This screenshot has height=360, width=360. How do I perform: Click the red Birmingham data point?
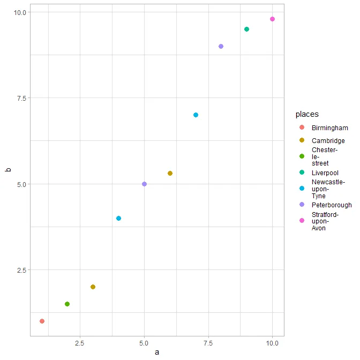[x=42, y=321]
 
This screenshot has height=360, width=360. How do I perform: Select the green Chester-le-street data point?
[x=67, y=304]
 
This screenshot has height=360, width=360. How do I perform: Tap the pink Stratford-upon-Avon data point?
[x=272, y=19]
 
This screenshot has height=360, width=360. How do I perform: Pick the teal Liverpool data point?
[x=246, y=29]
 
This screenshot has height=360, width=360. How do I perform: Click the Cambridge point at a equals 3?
[x=93, y=287]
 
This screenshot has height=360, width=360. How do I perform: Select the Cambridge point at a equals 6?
[x=170, y=173]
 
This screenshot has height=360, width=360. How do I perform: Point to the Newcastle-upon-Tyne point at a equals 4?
[x=118, y=218]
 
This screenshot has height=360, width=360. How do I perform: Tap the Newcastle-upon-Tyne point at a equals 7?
[x=196, y=115]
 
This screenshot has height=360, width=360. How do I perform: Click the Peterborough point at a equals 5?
[x=144, y=184]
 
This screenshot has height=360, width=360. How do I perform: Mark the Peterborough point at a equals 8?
[x=221, y=46]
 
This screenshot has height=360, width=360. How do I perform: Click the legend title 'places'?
[x=306, y=114]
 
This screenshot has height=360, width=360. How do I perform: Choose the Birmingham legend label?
[x=329, y=128]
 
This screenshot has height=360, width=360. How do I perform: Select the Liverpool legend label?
[x=325, y=173]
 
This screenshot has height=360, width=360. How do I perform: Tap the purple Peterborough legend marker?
[x=302, y=205]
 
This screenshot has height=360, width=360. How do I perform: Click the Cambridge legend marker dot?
[x=302, y=140]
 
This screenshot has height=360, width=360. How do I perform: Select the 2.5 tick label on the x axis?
[x=80, y=342]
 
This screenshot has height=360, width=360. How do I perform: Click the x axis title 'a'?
[x=157, y=352]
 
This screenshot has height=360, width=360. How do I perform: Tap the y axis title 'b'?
[x=8, y=170]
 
